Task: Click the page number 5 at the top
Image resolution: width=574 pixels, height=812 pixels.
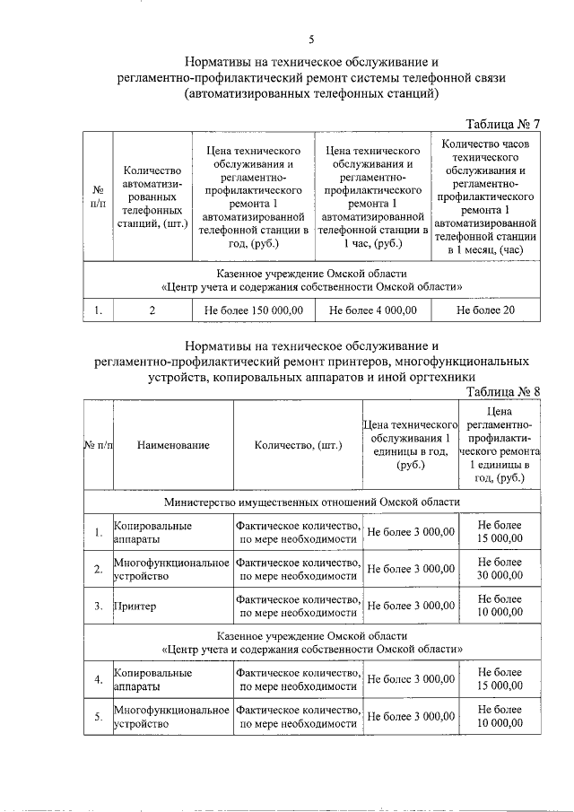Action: point(311,39)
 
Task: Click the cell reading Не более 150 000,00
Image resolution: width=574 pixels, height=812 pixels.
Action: point(254,310)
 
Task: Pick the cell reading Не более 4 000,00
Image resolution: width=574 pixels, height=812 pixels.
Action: point(372,310)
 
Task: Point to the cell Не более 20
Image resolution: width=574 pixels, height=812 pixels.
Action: point(485,310)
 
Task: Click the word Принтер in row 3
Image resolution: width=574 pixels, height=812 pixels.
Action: point(135,607)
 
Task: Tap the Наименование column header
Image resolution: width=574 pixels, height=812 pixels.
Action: point(174,445)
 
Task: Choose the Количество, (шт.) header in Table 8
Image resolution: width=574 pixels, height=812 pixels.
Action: point(298,445)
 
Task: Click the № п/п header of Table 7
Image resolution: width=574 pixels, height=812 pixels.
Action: point(98,196)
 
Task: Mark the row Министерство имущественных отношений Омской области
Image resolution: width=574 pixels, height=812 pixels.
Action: point(312,502)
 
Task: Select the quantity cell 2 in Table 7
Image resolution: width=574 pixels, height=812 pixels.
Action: point(152,310)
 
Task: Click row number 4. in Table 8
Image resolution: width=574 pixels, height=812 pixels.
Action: point(99,679)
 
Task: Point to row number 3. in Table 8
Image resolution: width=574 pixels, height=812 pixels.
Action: point(99,607)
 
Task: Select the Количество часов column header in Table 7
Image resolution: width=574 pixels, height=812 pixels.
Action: point(485,196)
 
